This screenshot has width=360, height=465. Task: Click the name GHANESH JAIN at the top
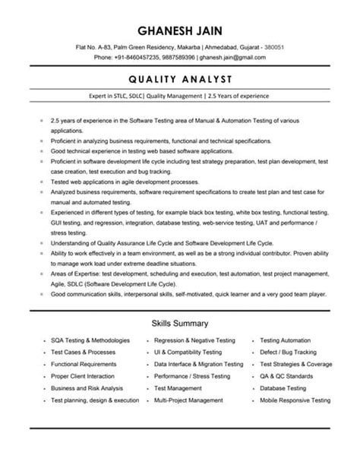(180, 30)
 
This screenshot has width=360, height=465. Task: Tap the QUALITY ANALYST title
(180, 78)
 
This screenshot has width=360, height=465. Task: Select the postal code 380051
(273, 47)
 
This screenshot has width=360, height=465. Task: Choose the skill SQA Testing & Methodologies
(90, 341)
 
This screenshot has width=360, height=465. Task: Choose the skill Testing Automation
(286, 341)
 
